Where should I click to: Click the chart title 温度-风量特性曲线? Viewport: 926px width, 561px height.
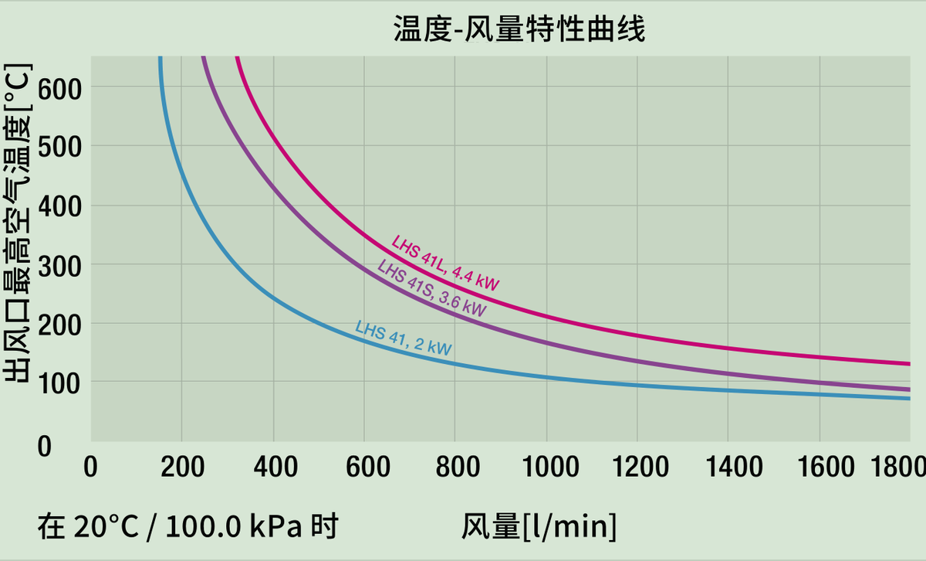point(519,29)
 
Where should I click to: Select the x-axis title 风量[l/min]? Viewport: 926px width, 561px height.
point(539,527)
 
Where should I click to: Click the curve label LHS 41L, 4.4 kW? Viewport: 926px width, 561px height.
point(445,262)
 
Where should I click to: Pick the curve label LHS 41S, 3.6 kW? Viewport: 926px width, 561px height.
point(431,289)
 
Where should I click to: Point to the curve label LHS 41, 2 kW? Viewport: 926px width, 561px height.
point(403,338)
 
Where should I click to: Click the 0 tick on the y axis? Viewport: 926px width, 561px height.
point(45,446)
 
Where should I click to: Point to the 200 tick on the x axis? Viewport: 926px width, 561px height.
point(183,467)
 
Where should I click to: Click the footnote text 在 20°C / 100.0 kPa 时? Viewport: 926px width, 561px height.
point(188,527)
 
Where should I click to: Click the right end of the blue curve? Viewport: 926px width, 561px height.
point(909,398)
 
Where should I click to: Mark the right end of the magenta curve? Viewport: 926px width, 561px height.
point(909,364)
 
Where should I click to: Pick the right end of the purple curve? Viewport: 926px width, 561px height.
point(909,389)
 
